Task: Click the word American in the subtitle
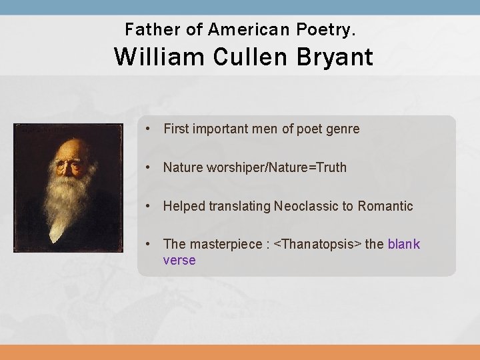coord(246,29)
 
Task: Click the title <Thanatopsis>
coord(321,245)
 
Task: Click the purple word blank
coord(404,245)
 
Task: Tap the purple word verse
coord(179,261)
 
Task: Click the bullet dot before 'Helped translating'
coord(153,207)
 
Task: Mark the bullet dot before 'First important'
coord(153,129)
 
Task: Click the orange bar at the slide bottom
coord(240,352)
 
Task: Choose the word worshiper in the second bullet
coord(232,168)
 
